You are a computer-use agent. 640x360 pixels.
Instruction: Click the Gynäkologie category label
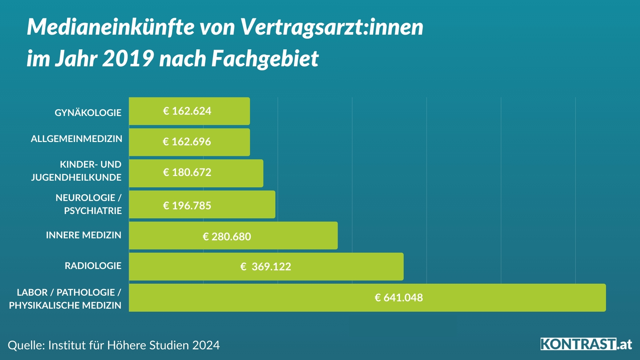pos(88,113)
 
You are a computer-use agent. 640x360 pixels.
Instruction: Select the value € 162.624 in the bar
pos(187,111)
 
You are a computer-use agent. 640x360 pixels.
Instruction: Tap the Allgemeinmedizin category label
pos(76,139)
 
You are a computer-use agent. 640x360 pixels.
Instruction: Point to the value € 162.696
pos(187,142)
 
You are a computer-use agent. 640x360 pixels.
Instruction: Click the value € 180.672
pos(187,172)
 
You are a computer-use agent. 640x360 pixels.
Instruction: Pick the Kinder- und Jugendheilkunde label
pos(76,171)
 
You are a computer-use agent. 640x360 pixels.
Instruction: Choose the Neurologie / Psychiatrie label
pos(89,204)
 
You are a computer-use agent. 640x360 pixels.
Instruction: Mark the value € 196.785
pos(187,206)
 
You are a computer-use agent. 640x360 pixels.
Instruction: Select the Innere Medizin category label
pos(84,235)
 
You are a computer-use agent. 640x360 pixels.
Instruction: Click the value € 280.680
pos(227,237)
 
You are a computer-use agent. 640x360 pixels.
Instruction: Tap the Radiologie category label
pos(93,266)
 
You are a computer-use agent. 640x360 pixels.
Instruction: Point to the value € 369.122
pos(266,267)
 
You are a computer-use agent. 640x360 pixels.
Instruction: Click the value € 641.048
pos(399,298)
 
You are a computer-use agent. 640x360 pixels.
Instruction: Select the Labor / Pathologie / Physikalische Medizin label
pos(65,299)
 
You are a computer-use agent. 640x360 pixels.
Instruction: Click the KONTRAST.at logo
pos(586,344)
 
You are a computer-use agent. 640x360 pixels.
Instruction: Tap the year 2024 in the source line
pos(206,345)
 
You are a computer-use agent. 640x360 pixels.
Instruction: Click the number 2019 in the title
pos(128,59)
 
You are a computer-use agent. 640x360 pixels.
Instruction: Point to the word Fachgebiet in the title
pos(265,59)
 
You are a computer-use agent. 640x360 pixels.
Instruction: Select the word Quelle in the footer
pos(25,345)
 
